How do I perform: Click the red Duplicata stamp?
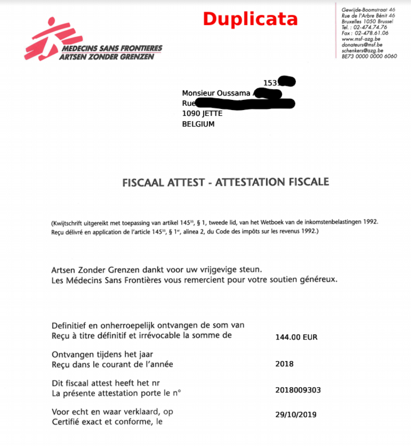coord(250,19)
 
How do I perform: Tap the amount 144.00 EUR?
coord(296,337)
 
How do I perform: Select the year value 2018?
coord(284,364)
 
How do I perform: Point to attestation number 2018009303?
coord(298,391)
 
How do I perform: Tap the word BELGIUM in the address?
coord(198,124)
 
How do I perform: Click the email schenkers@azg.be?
coord(363,50)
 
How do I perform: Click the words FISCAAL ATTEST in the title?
coord(159,183)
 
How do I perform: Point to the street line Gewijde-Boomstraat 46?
coord(368,10)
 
